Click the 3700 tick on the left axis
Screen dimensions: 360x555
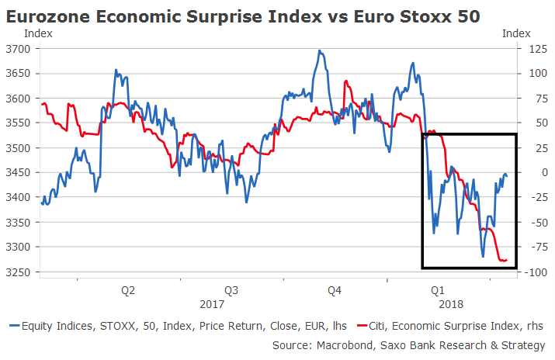(x=18, y=48)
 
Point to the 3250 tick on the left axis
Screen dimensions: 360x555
(x=18, y=272)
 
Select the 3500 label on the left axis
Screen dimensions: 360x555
(x=18, y=147)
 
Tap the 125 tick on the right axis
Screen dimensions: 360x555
(x=532, y=48)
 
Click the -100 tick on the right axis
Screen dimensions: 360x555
(x=530, y=272)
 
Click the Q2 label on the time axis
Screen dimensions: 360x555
(x=128, y=290)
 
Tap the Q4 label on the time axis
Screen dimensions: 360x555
(x=334, y=290)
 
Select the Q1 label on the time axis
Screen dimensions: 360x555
(x=438, y=290)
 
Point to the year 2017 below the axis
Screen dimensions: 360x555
(x=212, y=305)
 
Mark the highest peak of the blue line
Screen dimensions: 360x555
(x=319, y=51)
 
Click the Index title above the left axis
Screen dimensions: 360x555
(x=39, y=33)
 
